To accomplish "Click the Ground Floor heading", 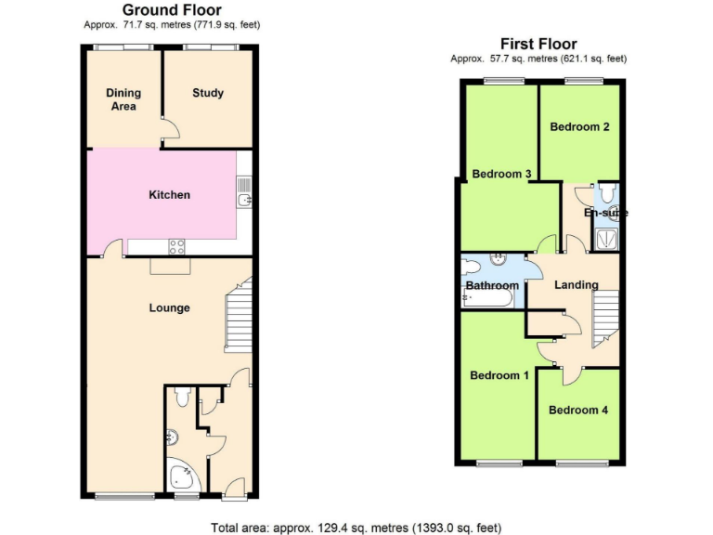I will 172,10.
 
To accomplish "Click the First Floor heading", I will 538,44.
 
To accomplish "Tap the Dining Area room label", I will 123,99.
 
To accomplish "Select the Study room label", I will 208,93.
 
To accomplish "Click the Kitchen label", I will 170,195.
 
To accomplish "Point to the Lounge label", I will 170,307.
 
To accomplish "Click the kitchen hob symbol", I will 175,246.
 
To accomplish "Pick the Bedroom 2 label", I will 579,126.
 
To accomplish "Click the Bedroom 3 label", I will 501,174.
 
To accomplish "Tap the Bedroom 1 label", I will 499,375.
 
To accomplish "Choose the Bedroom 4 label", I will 578,410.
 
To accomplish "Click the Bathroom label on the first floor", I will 492,286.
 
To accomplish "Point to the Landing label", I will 577,284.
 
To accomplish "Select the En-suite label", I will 605,213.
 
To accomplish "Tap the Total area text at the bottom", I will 356,527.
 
